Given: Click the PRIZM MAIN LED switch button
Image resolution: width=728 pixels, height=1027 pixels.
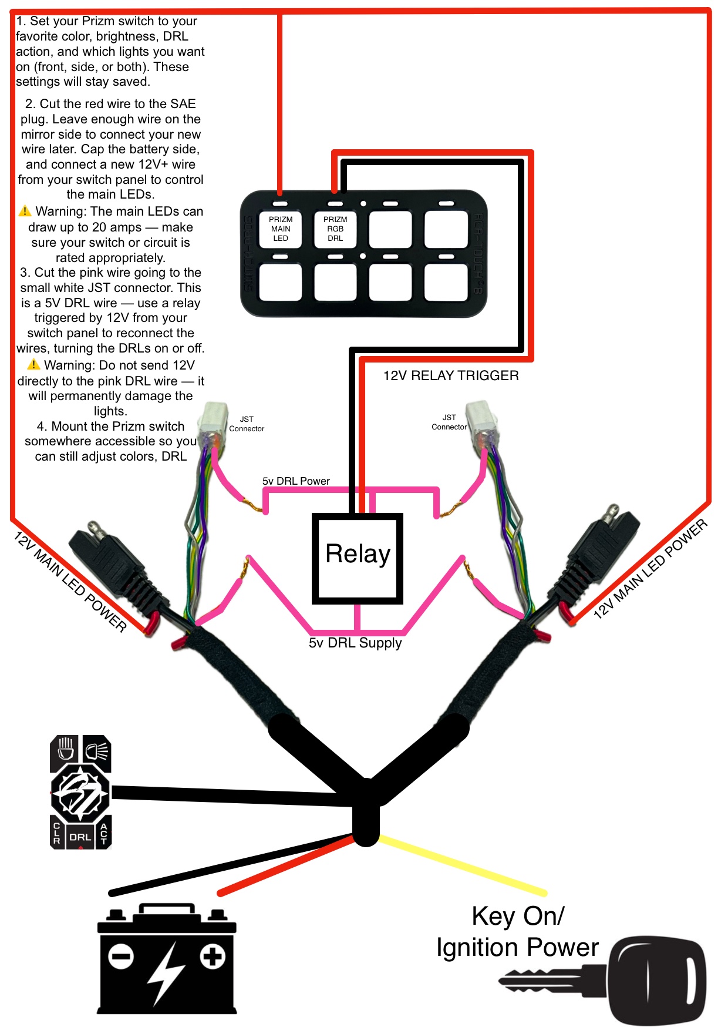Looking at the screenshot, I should pyautogui.click(x=281, y=229).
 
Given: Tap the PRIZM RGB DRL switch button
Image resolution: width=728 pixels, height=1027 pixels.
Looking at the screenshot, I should pyautogui.click(x=335, y=229).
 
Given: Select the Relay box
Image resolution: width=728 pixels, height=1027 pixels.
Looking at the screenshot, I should pyautogui.click(x=358, y=558).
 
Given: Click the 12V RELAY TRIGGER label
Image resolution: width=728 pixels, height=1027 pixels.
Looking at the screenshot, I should pyautogui.click(x=451, y=376).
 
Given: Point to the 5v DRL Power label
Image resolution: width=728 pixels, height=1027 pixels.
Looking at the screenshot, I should pyautogui.click(x=296, y=481).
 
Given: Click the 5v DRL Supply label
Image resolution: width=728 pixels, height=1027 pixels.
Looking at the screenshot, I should pyautogui.click(x=355, y=643).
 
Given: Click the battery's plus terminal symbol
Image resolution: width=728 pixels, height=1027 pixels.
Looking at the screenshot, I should pyautogui.click(x=213, y=956).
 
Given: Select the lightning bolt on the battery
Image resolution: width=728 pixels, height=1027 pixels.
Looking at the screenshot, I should pyautogui.click(x=166, y=972).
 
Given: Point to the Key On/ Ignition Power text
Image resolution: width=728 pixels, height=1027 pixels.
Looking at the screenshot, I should pyautogui.click(x=517, y=932).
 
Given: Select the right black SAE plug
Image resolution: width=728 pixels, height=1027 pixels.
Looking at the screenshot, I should pyautogui.click(x=599, y=552).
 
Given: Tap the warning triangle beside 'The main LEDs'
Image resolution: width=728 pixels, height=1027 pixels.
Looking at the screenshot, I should pyautogui.click(x=25, y=211).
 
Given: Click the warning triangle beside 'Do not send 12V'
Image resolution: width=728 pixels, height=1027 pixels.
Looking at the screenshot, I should pyautogui.click(x=34, y=365).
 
